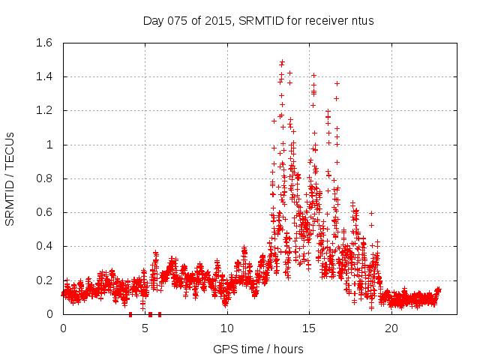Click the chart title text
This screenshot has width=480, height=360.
click(258, 21)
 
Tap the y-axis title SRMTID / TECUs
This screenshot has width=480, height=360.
click(10, 178)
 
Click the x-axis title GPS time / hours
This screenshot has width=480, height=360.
click(258, 349)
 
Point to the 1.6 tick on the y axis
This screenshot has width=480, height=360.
click(47, 43)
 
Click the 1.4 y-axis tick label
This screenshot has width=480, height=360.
click(47, 76)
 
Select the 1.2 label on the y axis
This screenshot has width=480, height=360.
click(47, 110)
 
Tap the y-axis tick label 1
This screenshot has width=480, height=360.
click(53, 145)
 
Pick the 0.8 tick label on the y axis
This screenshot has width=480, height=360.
click(47, 178)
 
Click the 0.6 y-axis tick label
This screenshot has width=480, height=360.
click(47, 212)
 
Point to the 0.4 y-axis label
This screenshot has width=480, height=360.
click(47, 246)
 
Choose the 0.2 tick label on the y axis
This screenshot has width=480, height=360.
click(47, 280)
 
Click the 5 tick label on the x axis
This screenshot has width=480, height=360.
click(145, 328)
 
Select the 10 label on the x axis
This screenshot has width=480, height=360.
click(226, 328)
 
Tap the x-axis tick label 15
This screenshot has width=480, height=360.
click(308, 328)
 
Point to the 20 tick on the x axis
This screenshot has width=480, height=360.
click(390, 328)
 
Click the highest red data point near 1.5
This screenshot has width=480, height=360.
click(282, 62)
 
